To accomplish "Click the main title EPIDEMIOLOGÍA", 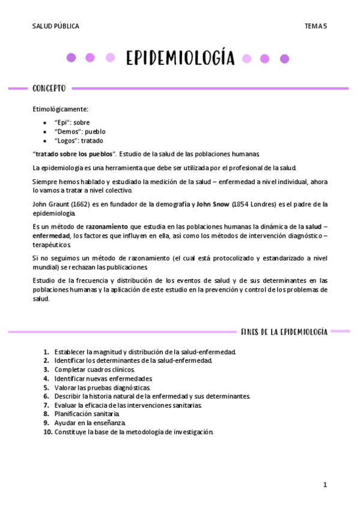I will tap(180, 58).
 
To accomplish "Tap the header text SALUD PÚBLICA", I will tap(55, 26).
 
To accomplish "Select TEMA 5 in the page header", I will tap(315, 26).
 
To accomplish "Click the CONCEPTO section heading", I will tap(49, 88).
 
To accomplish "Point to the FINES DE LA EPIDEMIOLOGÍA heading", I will tap(284, 331).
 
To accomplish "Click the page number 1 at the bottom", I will tap(325, 485).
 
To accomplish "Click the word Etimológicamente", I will tap(60, 109).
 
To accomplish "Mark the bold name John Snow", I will tap(213, 204).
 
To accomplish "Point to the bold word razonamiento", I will tap(107, 226).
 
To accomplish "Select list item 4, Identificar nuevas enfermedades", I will tap(103, 378).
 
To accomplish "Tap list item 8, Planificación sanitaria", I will tap(87, 414).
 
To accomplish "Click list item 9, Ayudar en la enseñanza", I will tap(90, 423).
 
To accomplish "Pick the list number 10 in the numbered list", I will tap(47, 432).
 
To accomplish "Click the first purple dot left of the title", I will tap(71, 58).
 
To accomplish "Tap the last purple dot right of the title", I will tap(284, 58).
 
